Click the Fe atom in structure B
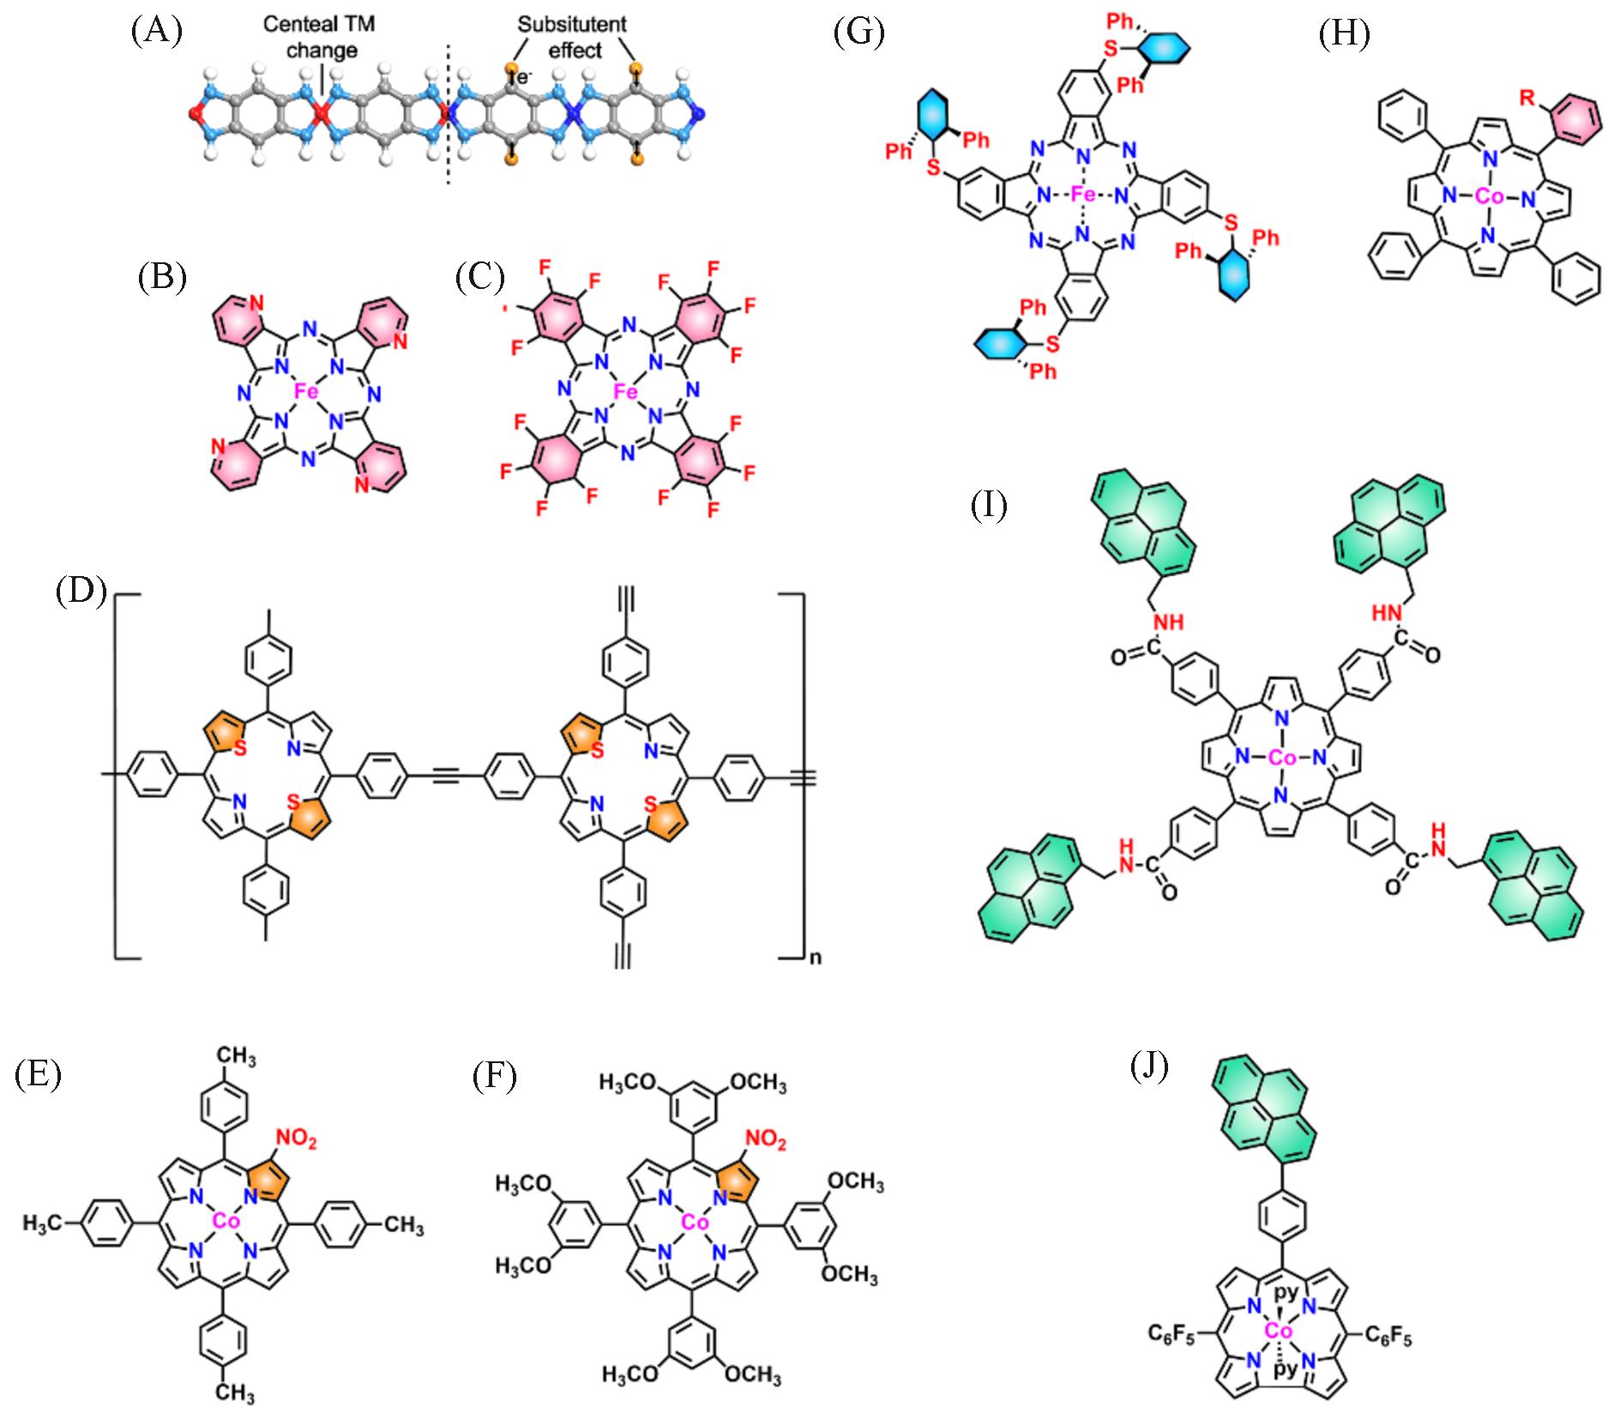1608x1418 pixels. [x=307, y=392]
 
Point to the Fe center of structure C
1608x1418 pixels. [x=626, y=392]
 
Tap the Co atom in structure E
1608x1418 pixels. [x=226, y=1221]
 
